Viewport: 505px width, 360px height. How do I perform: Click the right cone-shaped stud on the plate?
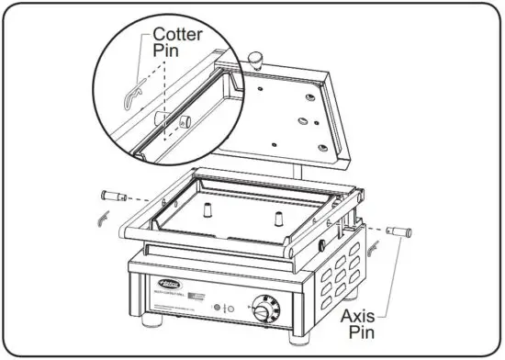pos(276,218)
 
